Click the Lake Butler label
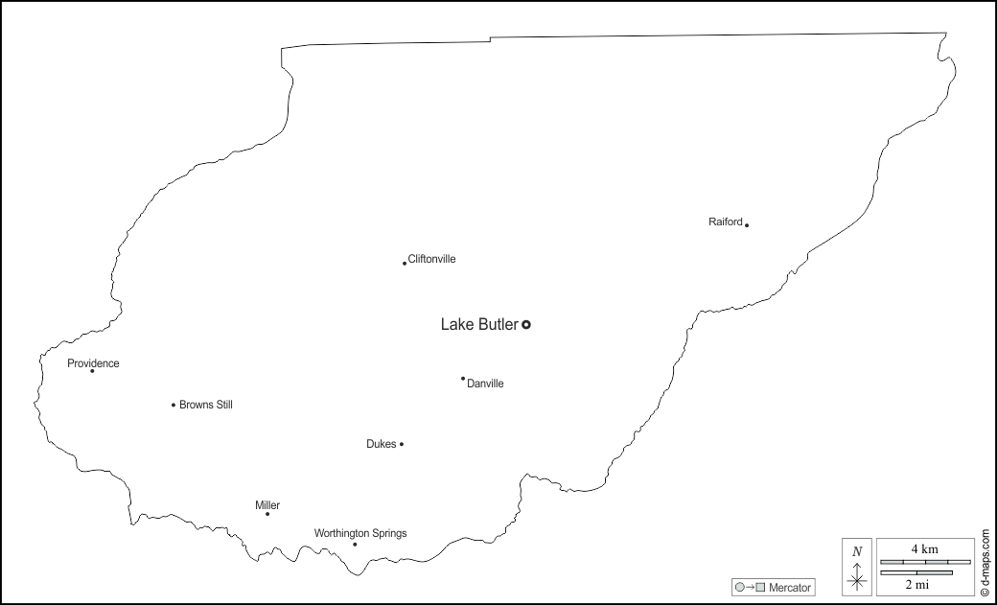[478, 325]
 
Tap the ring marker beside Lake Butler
[526, 325]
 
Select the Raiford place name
[726, 222]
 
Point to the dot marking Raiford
[747, 225]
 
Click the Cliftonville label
[431, 259]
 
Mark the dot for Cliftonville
[405, 263]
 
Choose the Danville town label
[485, 384]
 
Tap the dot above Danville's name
[463, 379]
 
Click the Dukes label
[381, 444]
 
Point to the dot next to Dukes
[402, 444]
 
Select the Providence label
[93, 363]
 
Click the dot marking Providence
[92, 371]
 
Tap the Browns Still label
[206, 405]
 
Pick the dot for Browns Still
[174, 405]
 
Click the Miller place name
[267, 505]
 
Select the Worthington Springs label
[360, 533]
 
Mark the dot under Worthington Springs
[355, 545]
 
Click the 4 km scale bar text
[923, 548]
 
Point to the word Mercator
[790, 587]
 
